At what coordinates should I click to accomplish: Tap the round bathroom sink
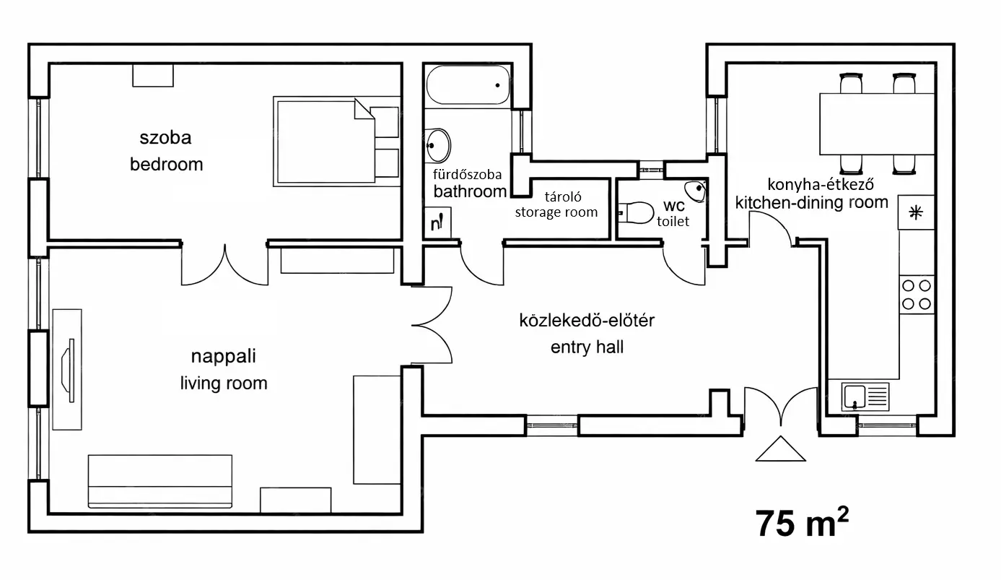tap(437, 145)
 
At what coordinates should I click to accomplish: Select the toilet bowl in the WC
tap(636, 212)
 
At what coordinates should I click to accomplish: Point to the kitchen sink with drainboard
tap(865, 397)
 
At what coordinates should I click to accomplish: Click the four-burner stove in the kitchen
tap(917, 294)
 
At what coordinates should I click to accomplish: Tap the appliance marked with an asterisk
tap(916, 212)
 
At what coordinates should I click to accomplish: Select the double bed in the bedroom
tap(336, 140)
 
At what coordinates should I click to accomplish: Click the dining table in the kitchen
tap(877, 124)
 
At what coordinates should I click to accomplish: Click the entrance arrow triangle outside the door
tap(780, 449)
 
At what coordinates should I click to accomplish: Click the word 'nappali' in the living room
tap(224, 356)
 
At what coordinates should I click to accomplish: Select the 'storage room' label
tap(556, 212)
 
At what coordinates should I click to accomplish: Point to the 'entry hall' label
tap(587, 347)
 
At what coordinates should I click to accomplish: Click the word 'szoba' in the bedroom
tap(165, 137)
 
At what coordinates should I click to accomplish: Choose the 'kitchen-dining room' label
tap(811, 202)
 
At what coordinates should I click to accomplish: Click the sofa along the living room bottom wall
tap(160, 482)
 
